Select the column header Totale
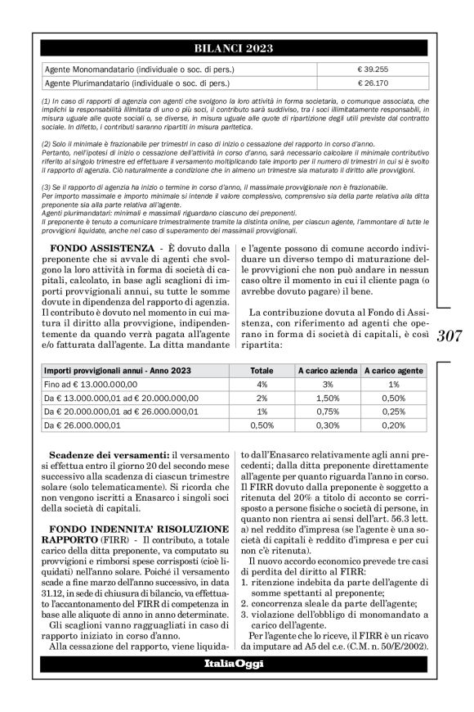tap(262, 371)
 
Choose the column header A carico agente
tap(394, 371)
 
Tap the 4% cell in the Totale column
tap(262, 384)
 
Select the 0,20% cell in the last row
tap(394, 426)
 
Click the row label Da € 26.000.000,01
tap(83, 426)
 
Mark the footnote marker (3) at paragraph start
tap(47, 187)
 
